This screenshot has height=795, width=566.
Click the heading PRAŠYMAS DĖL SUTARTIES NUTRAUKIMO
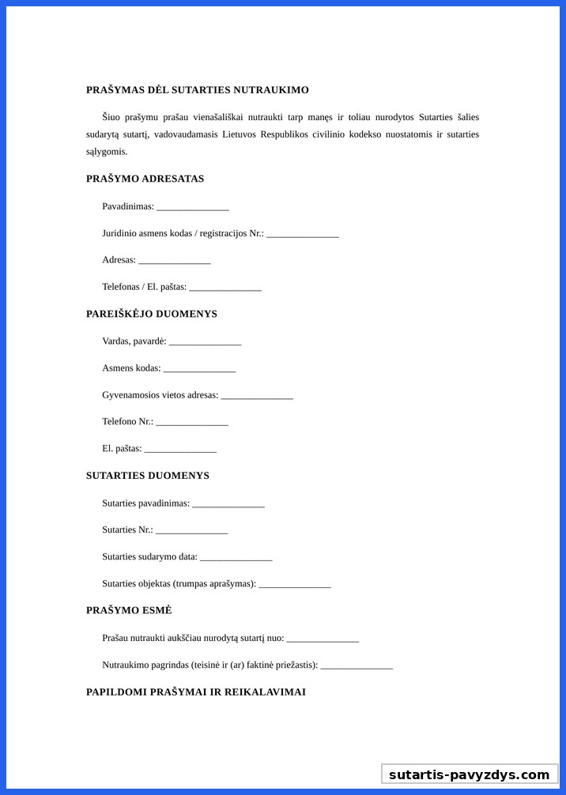[197, 90]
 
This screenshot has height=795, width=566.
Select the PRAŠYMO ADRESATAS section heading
[145, 179]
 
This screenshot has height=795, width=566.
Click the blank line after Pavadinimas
[193, 207]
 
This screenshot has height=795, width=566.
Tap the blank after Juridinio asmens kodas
[303, 234]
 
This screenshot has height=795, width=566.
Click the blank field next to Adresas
[175, 261]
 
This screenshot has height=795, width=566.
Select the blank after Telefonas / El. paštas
[225, 288]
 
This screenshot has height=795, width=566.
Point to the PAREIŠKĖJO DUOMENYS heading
[151, 314]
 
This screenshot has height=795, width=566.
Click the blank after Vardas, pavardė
[206, 341]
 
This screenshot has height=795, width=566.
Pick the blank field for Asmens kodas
[200, 368]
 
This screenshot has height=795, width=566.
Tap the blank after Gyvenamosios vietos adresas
[257, 395]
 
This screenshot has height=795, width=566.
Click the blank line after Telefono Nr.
[192, 422]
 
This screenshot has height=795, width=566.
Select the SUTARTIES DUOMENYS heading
[147, 476]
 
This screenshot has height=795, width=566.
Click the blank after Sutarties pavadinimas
[228, 503]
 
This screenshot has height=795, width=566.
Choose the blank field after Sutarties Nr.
[191, 530]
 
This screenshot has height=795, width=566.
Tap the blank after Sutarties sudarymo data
[236, 557]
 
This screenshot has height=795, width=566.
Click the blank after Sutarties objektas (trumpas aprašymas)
[295, 584]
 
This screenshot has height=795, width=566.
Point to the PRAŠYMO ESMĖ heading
[129, 610]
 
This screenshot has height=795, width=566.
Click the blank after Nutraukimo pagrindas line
[357, 665]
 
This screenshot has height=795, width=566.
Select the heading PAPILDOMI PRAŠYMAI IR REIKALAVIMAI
[195, 692]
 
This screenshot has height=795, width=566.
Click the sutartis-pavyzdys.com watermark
[469, 774]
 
